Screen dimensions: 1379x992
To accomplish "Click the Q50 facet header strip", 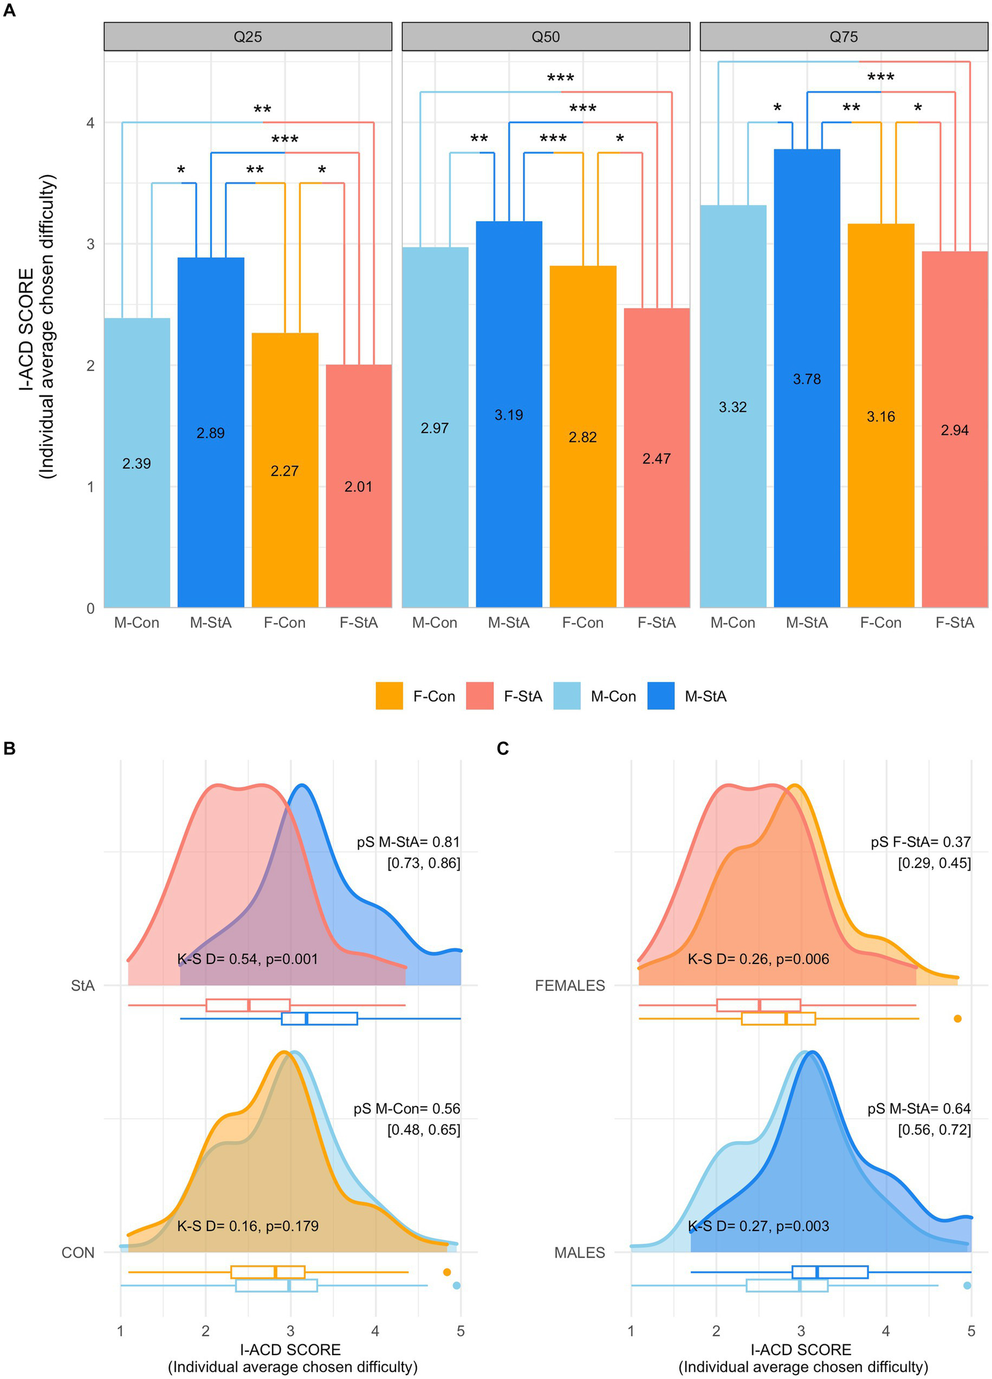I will tap(545, 37).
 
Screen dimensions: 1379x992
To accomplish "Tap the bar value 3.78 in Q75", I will tap(807, 379).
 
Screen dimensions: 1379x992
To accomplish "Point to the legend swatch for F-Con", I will tap(389, 696).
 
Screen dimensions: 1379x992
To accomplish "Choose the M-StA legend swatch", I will tap(660, 696).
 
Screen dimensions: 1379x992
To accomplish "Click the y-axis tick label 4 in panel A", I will tap(90, 123).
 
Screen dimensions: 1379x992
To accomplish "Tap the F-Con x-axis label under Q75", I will tap(880, 623).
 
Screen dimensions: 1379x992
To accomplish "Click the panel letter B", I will tap(9, 748).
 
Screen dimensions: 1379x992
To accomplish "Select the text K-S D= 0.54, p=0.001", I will tap(248, 959).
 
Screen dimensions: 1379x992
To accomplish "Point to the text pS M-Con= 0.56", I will tap(406, 1109).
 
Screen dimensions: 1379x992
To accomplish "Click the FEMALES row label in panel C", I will tap(570, 985).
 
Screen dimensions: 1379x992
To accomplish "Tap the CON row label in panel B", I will tap(78, 1252).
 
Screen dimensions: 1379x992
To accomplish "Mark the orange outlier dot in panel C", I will tap(958, 1018).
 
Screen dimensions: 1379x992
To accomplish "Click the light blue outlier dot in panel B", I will tap(456, 1285).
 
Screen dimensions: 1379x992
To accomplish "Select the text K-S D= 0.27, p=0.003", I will tap(758, 1226).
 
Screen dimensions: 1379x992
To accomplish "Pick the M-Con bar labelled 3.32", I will tap(733, 407).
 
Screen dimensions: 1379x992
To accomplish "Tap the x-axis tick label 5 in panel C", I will tap(971, 1331).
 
